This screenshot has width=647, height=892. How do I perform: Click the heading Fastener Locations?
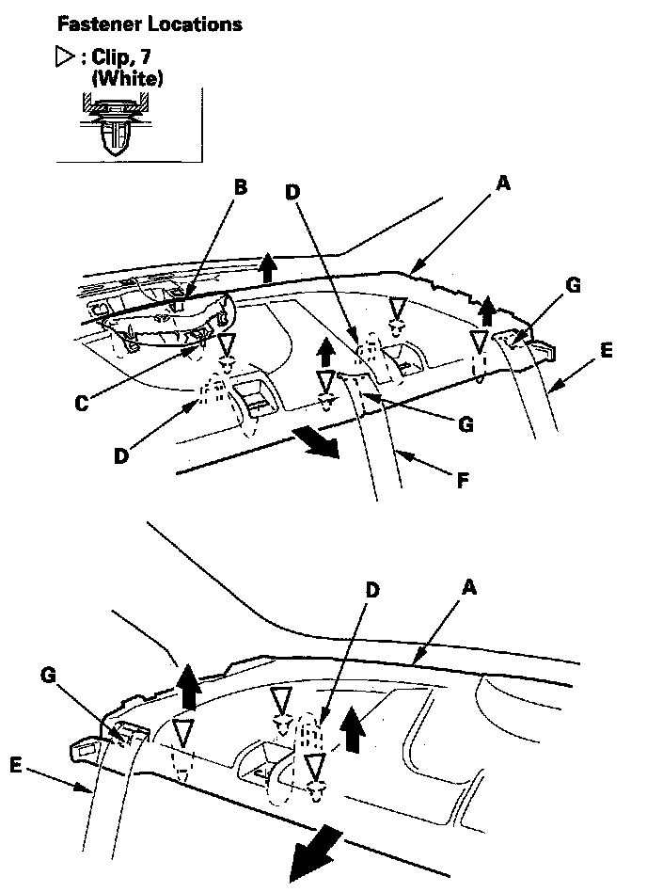pyautogui.click(x=150, y=24)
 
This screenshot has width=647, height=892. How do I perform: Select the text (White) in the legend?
pyautogui.click(x=127, y=80)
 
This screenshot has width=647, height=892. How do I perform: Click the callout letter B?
pyautogui.click(x=240, y=187)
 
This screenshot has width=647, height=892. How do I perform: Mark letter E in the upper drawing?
pyautogui.click(x=607, y=350)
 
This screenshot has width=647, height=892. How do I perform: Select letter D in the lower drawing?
pyautogui.click(x=373, y=590)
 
